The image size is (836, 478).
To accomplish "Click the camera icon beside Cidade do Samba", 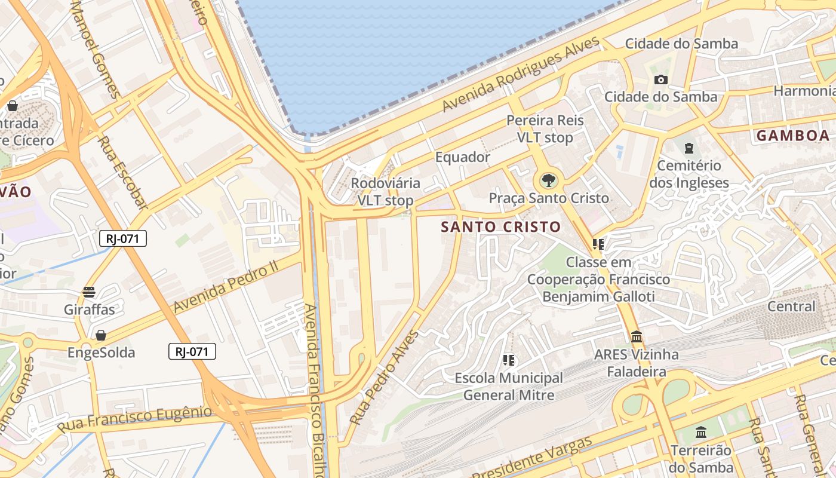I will (x=660, y=79).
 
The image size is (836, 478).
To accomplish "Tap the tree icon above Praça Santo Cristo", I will (x=548, y=179).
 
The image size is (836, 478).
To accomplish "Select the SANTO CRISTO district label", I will (x=501, y=227).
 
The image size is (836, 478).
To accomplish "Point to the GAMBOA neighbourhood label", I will (x=793, y=136).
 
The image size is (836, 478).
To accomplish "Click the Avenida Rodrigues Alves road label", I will (x=521, y=75).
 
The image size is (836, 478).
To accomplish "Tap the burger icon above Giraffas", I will (x=89, y=292).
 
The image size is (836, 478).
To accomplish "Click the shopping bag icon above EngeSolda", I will (x=101, y=335).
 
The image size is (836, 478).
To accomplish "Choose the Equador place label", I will (x=463, y=157).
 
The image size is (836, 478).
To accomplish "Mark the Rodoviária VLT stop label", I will (x=385, y=192).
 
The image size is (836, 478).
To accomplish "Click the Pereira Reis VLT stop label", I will (x=545, y=129).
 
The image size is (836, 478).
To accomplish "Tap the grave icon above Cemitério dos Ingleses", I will (x=689, y=148).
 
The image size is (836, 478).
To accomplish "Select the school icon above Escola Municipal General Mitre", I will (x=509, y=360).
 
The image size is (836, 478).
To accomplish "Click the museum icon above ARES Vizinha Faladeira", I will (x=636, y=336).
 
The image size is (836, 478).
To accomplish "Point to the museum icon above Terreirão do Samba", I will (x=701, y=432).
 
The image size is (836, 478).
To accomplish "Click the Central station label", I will (x=791, y=307).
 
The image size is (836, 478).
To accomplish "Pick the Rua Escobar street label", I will (x=123, y=173).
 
